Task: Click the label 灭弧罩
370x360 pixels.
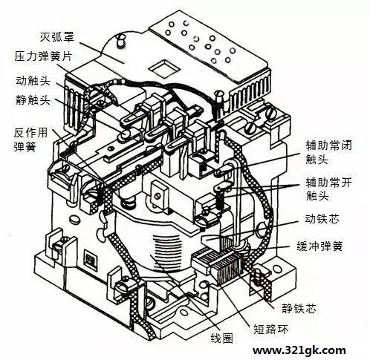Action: [57, 37]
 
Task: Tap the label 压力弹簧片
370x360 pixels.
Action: [43, 56]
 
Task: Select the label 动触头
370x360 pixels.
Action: [33, 81]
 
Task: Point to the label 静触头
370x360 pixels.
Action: [33, 100]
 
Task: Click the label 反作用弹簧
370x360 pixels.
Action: [30, 140]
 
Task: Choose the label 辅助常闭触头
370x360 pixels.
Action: [328, 152]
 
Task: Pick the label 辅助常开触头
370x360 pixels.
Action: [328, 189]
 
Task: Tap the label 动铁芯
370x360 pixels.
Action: [322, 219]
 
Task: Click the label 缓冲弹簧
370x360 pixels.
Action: [319, 246]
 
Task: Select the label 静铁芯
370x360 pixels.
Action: [299, 309]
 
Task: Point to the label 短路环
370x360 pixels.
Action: [270, 329]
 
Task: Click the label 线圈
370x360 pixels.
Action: [221, 338]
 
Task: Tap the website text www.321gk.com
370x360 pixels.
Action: [299, 350]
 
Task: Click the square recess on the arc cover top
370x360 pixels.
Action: [164, 68]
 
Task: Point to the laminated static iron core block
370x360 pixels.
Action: [226, 266]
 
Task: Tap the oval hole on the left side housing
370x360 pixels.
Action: [74, 219]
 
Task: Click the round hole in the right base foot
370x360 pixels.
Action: [276, 269]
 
